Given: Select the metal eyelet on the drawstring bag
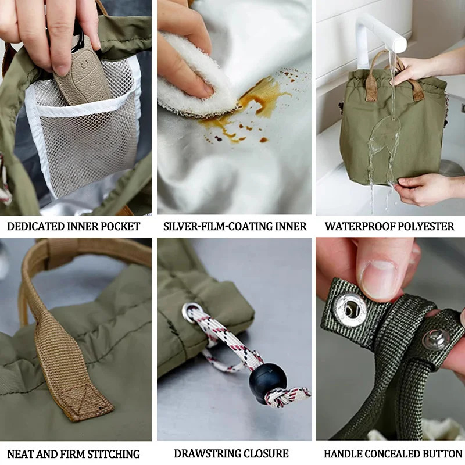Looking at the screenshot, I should pyautogui.click(x=189, y=313).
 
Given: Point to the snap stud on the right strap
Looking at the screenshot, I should pyautogui.click(x=436, y=339).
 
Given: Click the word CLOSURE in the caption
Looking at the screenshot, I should pyautogui.click(x=268, y=453).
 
